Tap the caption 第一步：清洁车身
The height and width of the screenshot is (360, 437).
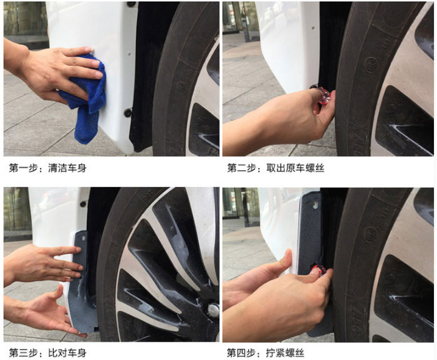pyautogui.click(x=47, y=168)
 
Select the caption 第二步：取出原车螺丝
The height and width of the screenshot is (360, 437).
pyautogui.click(x=276, y=168)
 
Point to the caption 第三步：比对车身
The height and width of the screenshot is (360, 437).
pyautogui.click(x=47, y=353)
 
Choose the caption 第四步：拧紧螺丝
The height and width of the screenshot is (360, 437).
pyautogui.click(x=266, y=353)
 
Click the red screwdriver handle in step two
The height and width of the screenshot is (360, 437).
pyautogui.click(x=324, y=95)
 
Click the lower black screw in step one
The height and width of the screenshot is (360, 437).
pyautogui.click(x=128, y=113)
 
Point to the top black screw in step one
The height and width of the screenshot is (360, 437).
pyautogui.click(x=130, y=4)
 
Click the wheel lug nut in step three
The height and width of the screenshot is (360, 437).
pyautogui.click(x=213, y=310)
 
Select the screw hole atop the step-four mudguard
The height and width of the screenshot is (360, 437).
pyautogui.click(x=315, y=205)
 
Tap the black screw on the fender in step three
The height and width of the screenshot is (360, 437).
pyautogui.click(x=83, y=204)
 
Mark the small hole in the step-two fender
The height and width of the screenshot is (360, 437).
pyautogui.click(x=313, y=28)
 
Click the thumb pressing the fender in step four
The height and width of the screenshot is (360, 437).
pyautogui.click(x=287, y=259)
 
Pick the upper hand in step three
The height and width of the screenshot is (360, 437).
pyautogui.click(x=42, y=263)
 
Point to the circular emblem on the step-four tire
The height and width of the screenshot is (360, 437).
pyautogui.click(x=371, y=234)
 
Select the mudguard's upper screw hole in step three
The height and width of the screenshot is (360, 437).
pyautogui.click(x=84, y=239)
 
